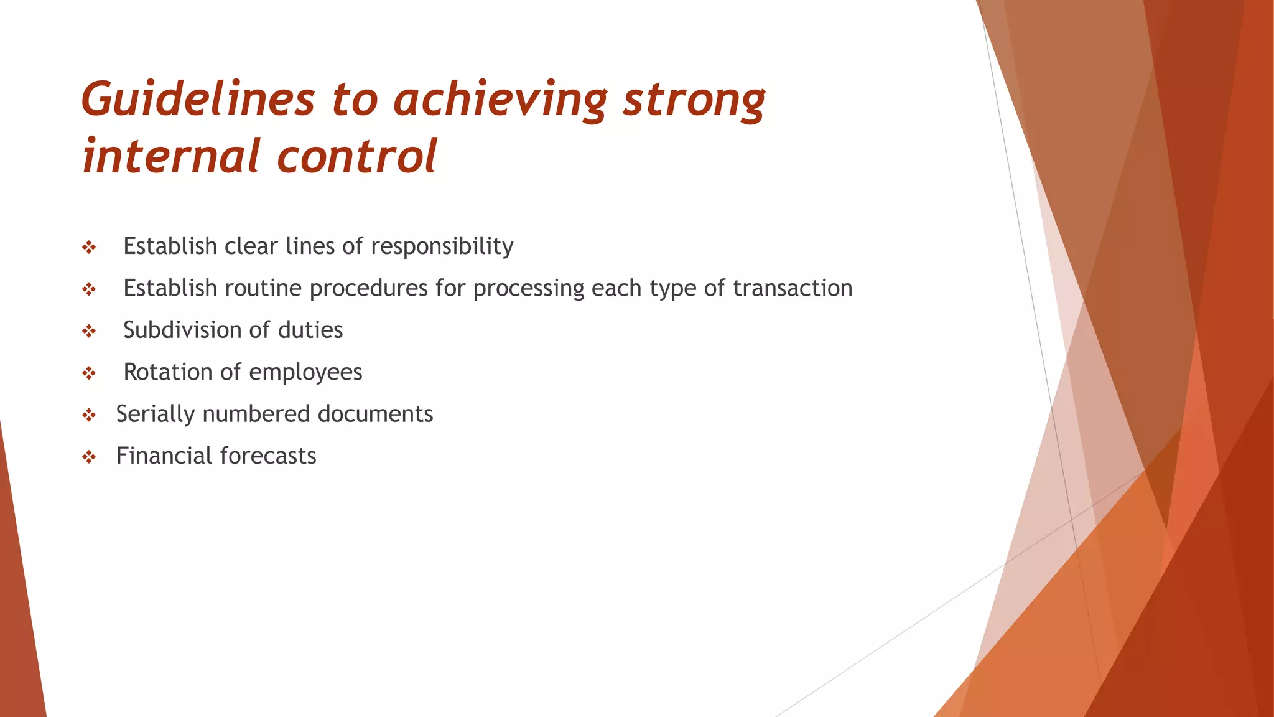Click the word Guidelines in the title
tap(198, 100)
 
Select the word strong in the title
tap(694, 100)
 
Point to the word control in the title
tap(357, 156)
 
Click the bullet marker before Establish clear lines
tap(89, 248)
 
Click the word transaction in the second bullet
tap(793, 288)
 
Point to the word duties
tap(310, 330)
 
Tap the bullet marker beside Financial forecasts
tap(89, 457)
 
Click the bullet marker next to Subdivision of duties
tap(89, 332)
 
